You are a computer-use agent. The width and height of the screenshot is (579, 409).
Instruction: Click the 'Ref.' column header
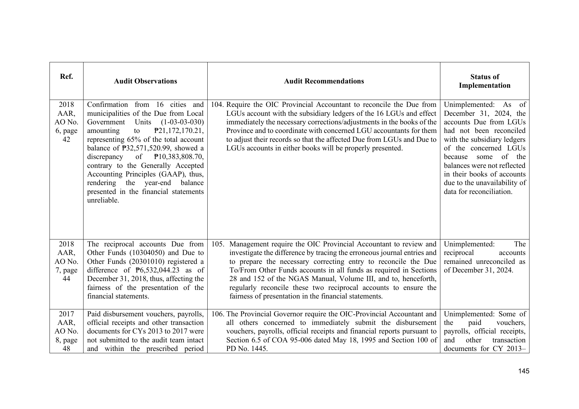66,77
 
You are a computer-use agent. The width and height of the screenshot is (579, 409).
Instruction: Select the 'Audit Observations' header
145,81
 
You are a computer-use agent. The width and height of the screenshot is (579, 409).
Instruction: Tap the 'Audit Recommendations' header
324,81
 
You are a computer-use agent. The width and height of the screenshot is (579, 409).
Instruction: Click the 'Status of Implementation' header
484,81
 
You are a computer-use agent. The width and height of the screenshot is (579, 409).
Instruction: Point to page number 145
524,371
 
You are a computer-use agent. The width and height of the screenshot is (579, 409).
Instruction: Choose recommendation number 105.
218,244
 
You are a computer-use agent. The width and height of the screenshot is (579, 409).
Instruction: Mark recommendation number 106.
218,314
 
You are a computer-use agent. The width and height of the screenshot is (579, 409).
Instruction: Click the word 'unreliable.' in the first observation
103,200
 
